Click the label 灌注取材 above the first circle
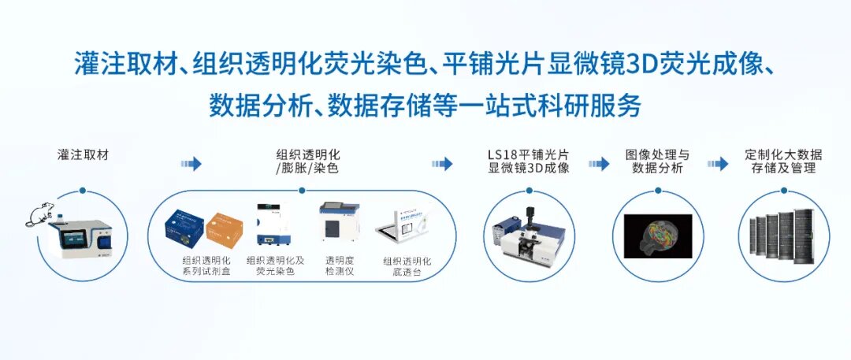83,154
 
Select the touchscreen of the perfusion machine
74,238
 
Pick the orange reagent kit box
224,229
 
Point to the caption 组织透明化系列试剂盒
206,266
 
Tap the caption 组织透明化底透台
407,266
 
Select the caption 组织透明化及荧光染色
275,265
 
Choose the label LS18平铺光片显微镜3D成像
529,161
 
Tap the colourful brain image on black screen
658,236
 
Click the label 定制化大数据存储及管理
783,161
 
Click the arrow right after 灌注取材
191,164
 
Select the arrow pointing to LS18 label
442,164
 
